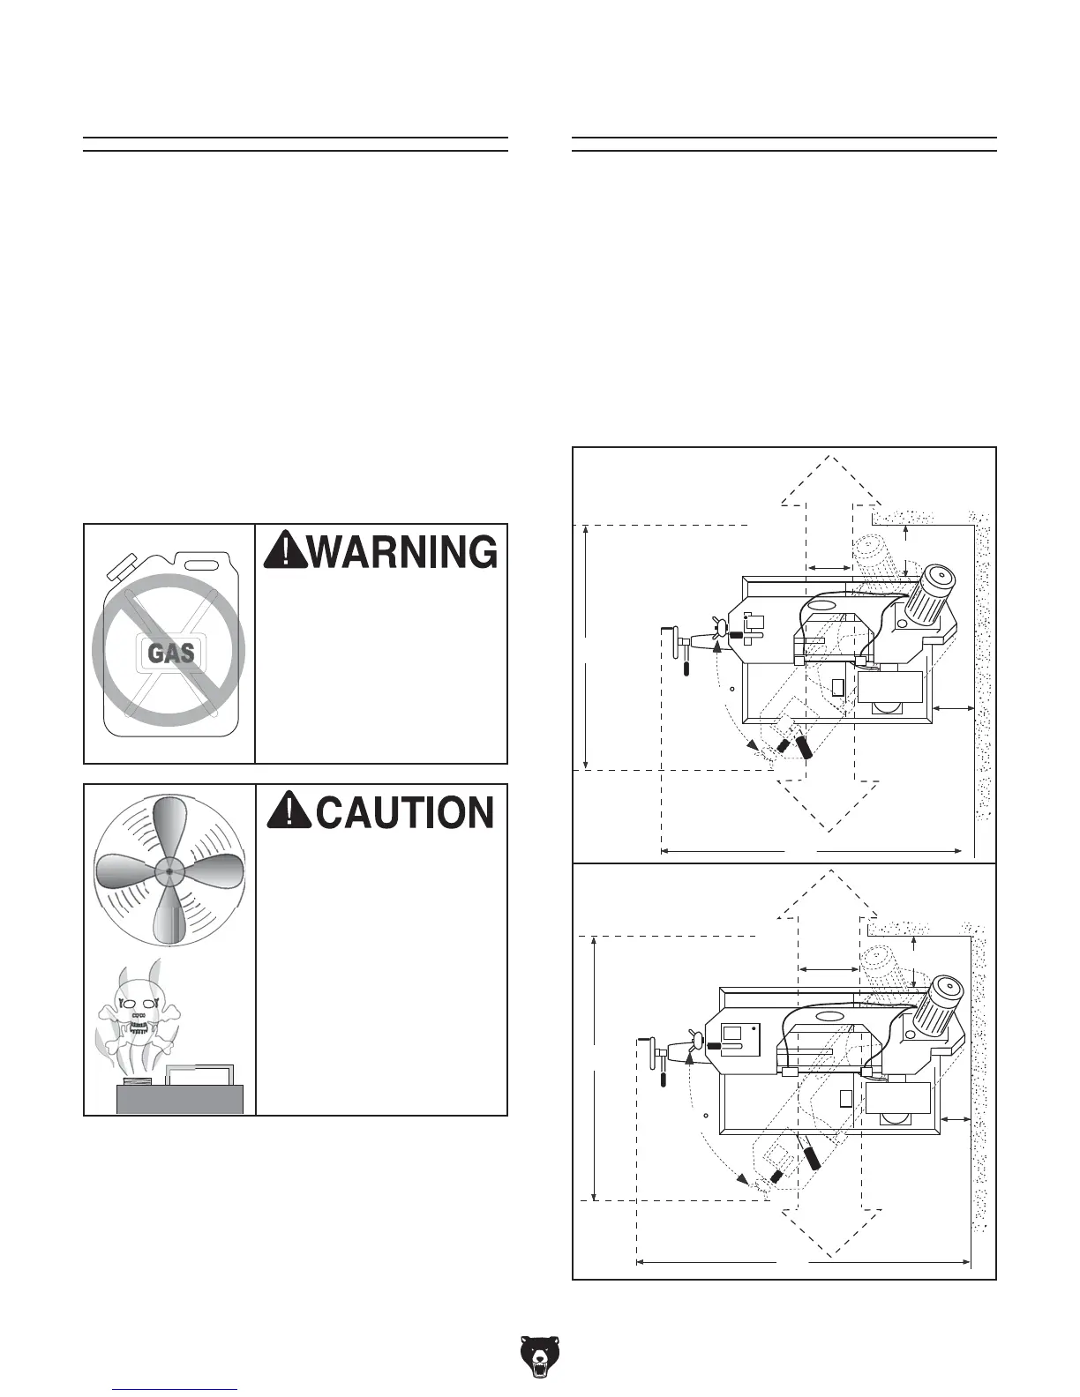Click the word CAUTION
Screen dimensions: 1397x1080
pyautogui.click(x=404, y=812)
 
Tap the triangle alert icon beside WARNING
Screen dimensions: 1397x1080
pyautogui.click(x=285, y=552)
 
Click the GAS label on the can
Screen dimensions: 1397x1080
pyautogui.click(x=171, y=654)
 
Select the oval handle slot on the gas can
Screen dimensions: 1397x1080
pyautogui.click(x=201, y=563)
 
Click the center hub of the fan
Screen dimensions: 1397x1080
pyautogui.click(x=169, y=871)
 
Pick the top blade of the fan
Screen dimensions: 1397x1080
pyautogui.click(x=169, y=827)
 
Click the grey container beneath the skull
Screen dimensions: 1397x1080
pyautogui.click(x=180, y=1099)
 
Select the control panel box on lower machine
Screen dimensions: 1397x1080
pyautogui.click(x=739, y=1038)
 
